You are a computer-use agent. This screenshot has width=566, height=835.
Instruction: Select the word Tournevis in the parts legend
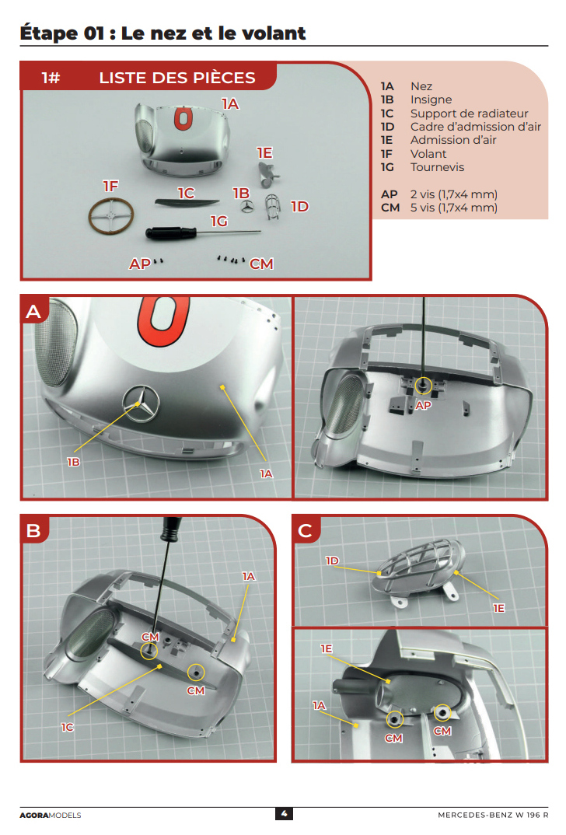[x=437, y=167]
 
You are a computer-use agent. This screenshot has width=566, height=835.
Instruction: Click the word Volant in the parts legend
[x=428, y=154]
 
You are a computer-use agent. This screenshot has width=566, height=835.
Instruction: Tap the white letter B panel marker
[x=33, y=531]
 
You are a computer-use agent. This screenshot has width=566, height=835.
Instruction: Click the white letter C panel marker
[x=306, y=531]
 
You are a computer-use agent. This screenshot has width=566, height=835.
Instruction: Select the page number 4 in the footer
[x=284, y=814]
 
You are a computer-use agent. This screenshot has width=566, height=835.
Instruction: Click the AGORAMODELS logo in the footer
[x=51, y=816]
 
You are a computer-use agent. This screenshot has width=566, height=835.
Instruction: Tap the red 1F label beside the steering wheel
[x=110, y=186]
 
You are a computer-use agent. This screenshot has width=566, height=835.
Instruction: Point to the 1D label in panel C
[x=332, y=561]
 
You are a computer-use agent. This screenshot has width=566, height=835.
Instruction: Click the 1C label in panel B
[x=67, y=727]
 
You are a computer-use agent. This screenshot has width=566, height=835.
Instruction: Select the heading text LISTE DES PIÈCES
[x=177, y=78]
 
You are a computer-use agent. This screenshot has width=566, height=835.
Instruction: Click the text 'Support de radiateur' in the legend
[x=469, y=114]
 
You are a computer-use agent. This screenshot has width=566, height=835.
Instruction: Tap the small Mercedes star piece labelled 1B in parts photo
[x=246, y=207]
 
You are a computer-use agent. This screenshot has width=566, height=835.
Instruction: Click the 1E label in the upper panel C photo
[x=499, y=608]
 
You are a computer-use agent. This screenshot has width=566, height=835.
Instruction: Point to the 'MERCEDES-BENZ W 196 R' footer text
[x=493, y=816]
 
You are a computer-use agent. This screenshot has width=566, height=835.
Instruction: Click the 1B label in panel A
[x=74, y=463]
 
